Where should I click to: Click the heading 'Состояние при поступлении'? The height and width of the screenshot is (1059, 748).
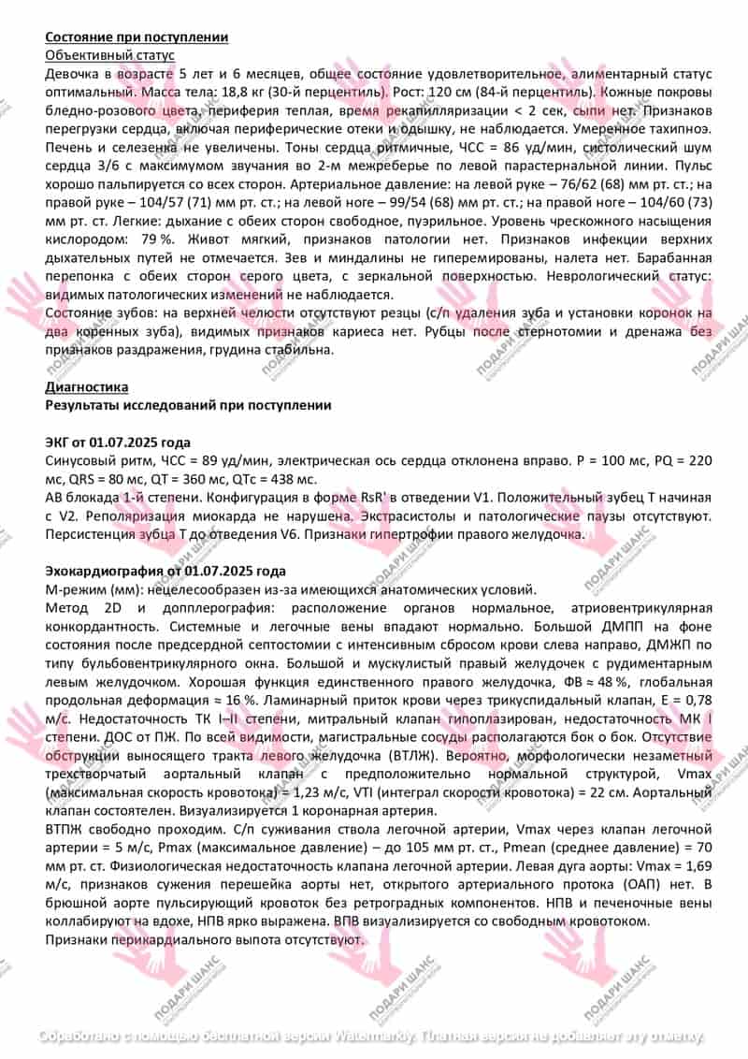[x=137, y=37]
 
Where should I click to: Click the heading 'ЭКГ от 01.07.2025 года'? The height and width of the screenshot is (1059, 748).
[x=118, y=442]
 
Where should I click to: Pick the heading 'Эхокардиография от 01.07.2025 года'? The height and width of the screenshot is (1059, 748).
[x=165, y=571]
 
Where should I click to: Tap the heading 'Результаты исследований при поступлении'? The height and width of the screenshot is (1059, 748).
[x=187, y=405]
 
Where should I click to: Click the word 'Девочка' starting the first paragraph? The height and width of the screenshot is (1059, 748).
[x=72, y=74]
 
